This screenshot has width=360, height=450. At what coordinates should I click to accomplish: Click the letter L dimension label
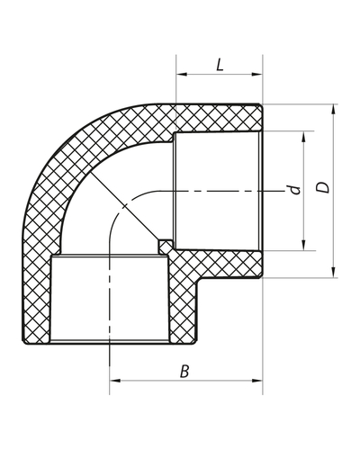point(219,65)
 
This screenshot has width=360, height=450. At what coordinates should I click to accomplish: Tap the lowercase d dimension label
point(292,192)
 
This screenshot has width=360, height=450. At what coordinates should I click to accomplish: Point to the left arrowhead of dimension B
point(112,381)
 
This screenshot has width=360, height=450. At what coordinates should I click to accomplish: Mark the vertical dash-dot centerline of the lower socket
point(109,297)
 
